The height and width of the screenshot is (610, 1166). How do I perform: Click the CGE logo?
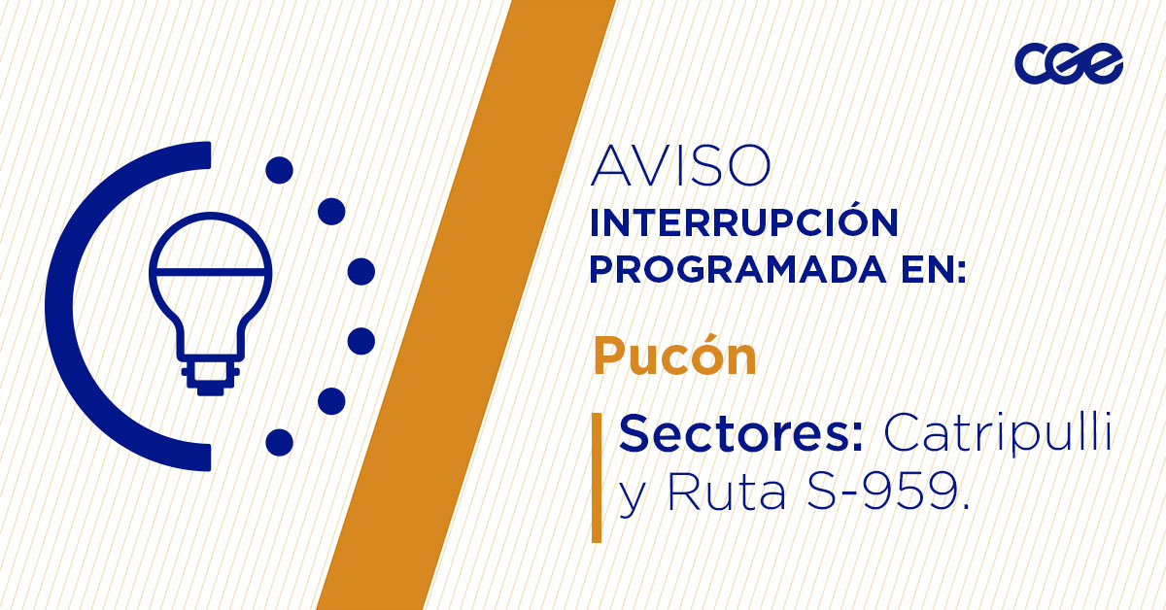[1069, 64]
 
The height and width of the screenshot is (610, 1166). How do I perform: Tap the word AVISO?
[680, 167]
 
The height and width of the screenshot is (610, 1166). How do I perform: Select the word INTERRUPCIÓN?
[744, 223]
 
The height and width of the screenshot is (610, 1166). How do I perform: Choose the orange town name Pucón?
[674, 356]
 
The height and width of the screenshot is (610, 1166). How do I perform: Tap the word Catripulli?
[996, 433]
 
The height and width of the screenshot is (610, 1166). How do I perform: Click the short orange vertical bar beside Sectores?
[596, 476]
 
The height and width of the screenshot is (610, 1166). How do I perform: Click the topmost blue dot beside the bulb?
[279, 171]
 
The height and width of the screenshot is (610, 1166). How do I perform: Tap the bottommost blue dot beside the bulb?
[279, 442]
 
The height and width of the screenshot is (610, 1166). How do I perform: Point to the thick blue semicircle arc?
[73, 306]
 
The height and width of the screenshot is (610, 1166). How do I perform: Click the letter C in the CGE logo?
[1033, 64]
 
